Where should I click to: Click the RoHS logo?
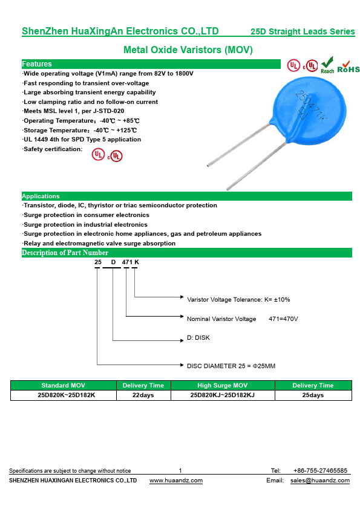tap(349, 67)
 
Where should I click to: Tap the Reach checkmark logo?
tap(327, 65)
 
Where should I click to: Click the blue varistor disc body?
tap(308, 110)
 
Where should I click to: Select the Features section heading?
tap(37, 64)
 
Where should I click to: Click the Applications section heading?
tap(41, 196)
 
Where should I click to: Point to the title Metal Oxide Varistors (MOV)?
tap(188, 50)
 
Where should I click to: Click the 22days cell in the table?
tap(143, 395)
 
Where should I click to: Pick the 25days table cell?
tap(313, 395)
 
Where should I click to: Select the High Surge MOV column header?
tap(223, 385)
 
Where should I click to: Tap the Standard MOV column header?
tap(64, 385)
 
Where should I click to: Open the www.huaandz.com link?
tap(176, 481)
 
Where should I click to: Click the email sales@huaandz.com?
tap(320, 481)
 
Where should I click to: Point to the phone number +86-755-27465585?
tap(320, 471)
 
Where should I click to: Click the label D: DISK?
tap(198, 337)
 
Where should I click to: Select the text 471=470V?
tap(283, 319)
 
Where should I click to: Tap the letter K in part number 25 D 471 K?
tap(137, 262)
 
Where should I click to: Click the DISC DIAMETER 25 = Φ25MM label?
tap(231, 366)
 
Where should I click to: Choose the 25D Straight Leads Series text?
tap(303, 31)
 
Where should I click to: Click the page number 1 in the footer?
tap(180, 471)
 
